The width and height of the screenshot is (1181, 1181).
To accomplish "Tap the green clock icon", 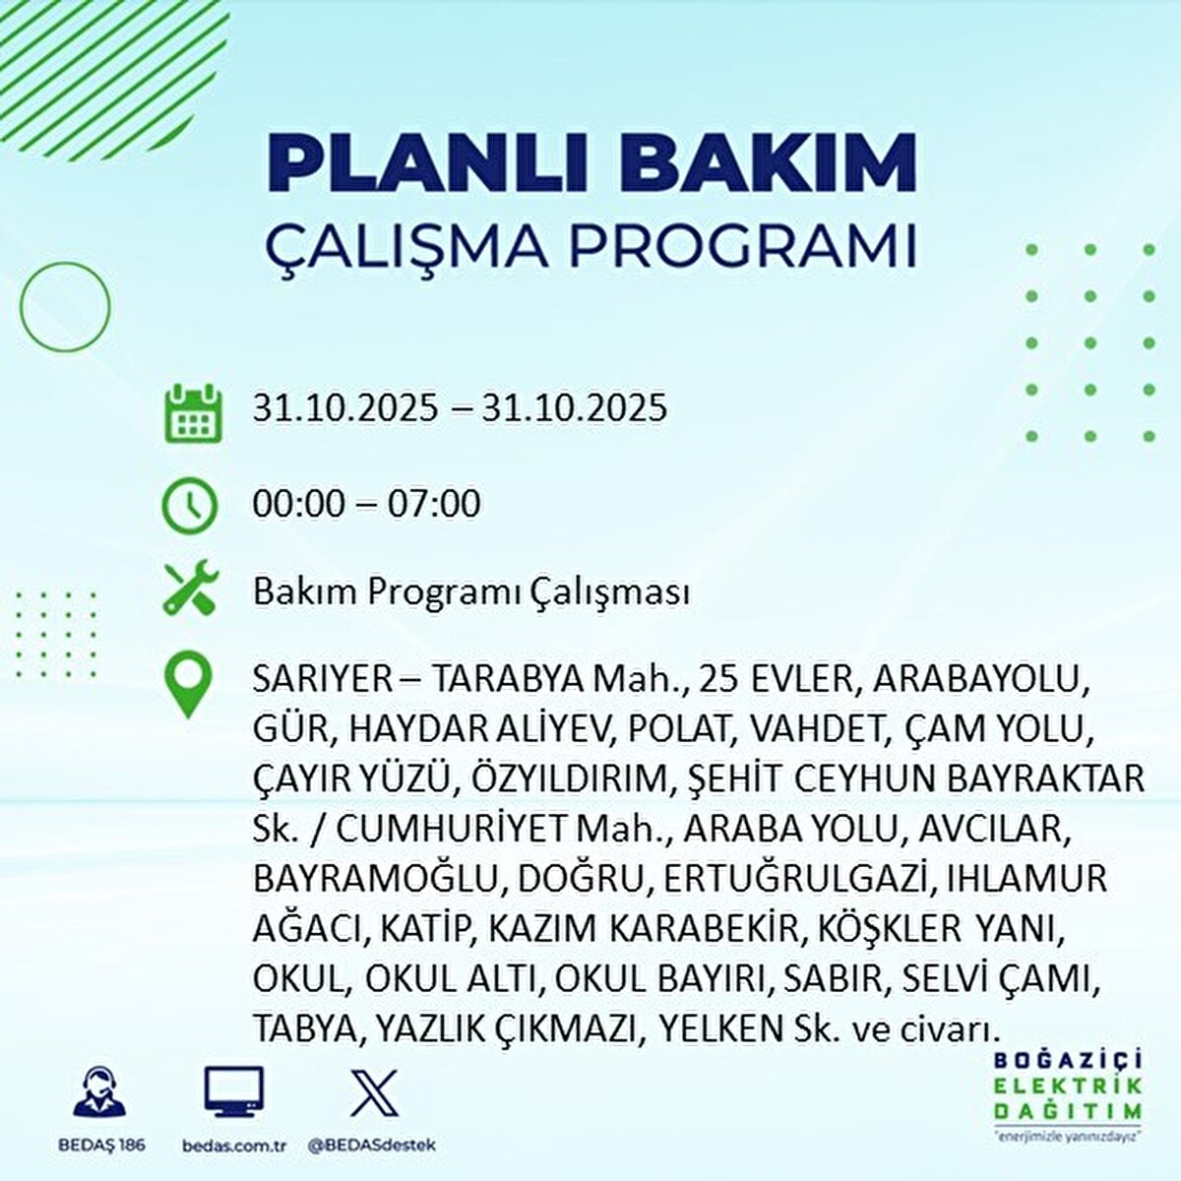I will (x=188, y=505).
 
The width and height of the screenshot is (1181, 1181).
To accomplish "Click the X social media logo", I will (x=374, y=1091).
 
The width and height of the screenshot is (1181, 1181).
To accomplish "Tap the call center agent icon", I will (x=99, y=1091).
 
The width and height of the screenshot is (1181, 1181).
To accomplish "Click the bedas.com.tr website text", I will (x=234, y=1146).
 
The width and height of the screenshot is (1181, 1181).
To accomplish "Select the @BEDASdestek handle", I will (x=372, y=1146).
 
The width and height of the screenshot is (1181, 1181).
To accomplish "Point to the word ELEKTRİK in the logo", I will (x=1068, y=1086).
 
